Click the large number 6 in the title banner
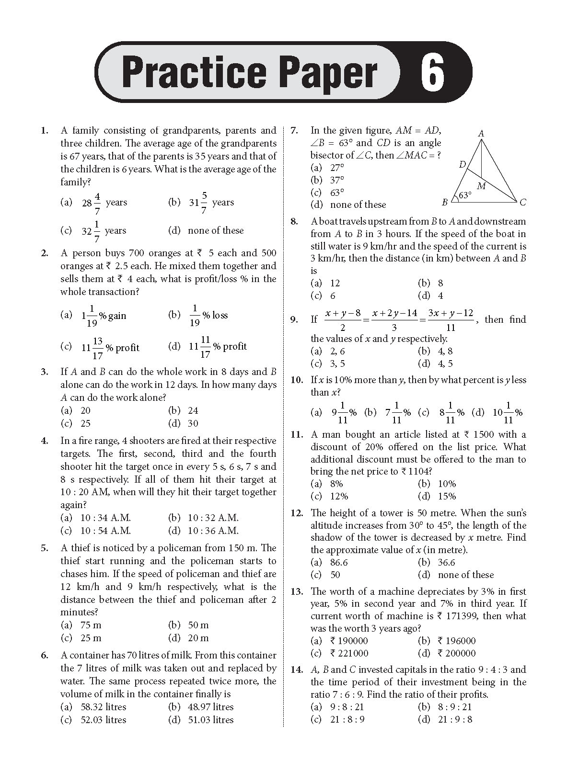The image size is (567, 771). [433, 73]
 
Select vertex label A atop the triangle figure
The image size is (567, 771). [481, 134]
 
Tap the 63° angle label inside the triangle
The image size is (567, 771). [465, 195]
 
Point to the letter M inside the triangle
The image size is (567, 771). [481, 186]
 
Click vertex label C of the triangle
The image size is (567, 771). [523, 203]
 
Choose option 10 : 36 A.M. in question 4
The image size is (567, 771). [213, 531]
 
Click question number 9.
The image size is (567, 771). [294, 319]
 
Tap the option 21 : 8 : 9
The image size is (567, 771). [347, 719]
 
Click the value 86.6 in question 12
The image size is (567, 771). [339, 563]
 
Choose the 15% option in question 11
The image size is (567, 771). [447, 496]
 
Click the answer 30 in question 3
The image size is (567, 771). [193, 423]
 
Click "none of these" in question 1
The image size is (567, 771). [216, 230]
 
